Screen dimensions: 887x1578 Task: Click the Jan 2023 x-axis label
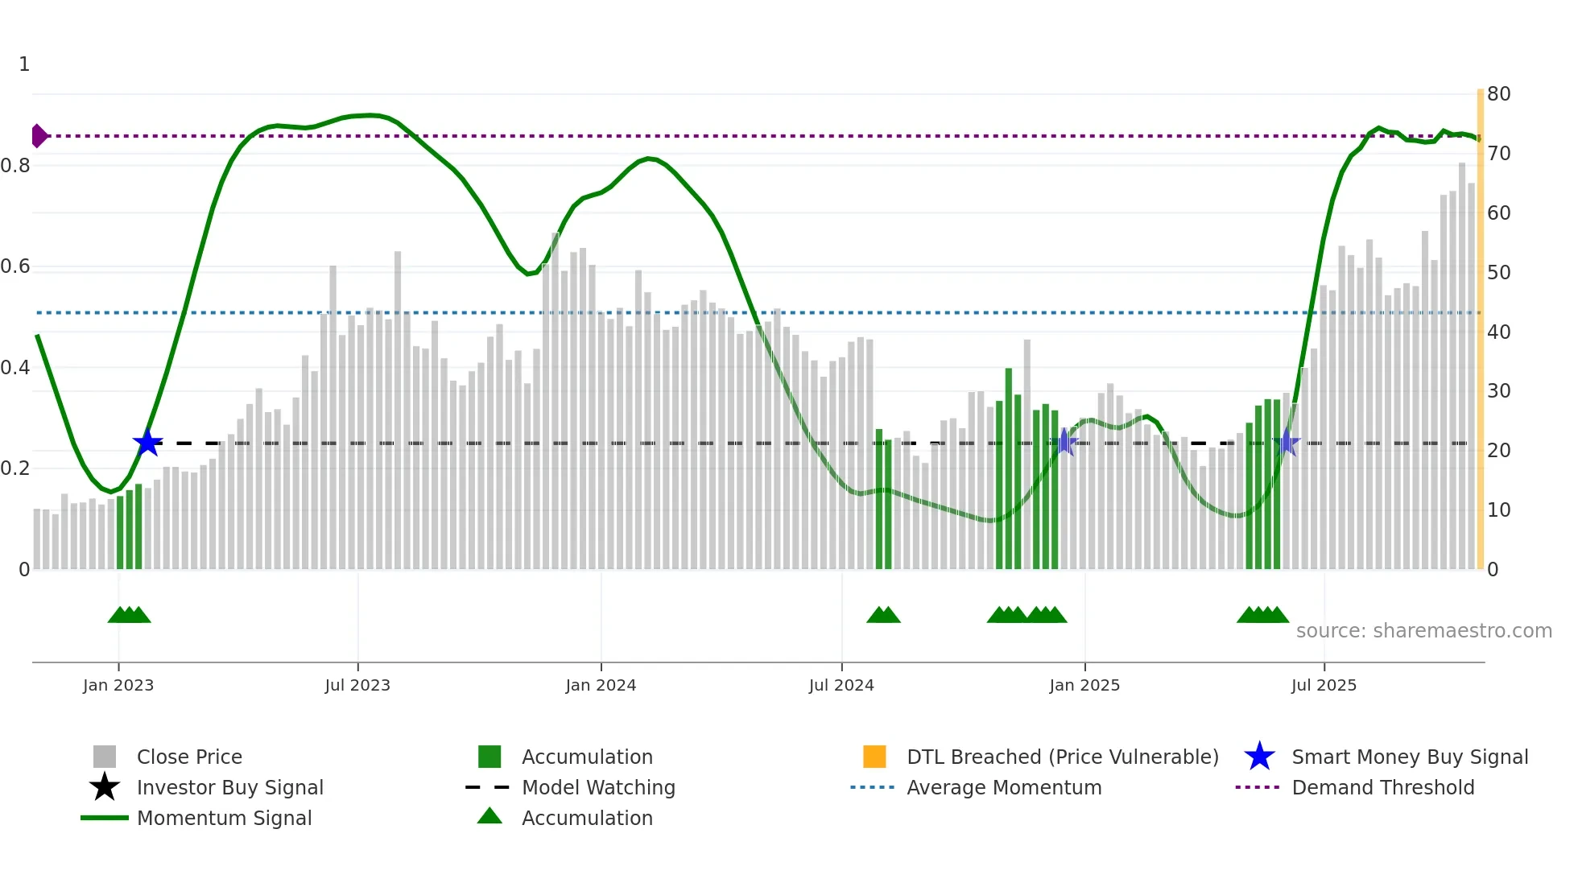118,685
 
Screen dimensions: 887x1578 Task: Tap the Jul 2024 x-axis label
841,685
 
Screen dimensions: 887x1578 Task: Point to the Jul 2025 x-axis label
1324,685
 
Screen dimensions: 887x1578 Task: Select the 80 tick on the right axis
1498,94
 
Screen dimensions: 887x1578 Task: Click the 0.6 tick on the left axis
15,266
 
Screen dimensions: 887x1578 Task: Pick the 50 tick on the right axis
1498,272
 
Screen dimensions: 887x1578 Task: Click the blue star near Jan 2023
147,443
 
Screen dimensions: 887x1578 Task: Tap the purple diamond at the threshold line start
39,136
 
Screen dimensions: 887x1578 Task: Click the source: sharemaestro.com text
1423,630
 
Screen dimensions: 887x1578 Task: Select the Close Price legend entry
189,757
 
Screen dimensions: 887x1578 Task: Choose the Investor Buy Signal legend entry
229,787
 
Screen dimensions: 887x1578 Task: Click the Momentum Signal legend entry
224,818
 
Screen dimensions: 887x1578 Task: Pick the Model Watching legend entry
598,787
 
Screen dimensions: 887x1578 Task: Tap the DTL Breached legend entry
1062,757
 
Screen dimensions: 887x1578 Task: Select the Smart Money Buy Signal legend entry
1409,757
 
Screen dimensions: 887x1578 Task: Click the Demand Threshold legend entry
1382,787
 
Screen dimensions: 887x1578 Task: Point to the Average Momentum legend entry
1003,787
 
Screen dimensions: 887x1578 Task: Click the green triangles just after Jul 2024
883,615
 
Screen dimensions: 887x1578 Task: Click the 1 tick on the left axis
24,64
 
